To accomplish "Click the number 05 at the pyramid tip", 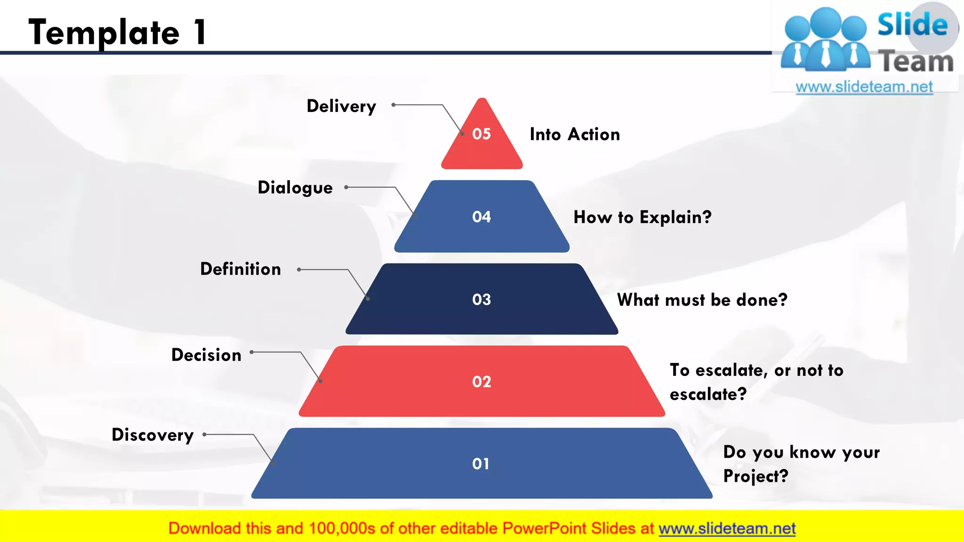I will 482,134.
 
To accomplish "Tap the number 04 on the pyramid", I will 482,217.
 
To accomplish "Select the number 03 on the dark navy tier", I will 482,300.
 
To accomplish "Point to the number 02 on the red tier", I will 482,382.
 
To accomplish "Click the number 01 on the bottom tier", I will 481,464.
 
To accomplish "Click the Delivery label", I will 341,106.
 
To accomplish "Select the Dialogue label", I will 295,188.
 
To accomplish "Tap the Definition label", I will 241,269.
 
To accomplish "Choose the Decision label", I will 206,355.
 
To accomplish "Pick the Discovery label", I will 153,435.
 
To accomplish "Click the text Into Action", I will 575,135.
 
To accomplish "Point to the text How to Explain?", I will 642,217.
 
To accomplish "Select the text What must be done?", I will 702,300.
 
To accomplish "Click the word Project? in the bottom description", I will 755,476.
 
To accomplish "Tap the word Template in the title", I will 104,33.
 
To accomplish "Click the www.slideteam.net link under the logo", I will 864,87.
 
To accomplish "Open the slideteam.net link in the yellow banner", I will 727,529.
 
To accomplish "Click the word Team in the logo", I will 916,62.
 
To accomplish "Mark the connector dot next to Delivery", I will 394,105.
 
